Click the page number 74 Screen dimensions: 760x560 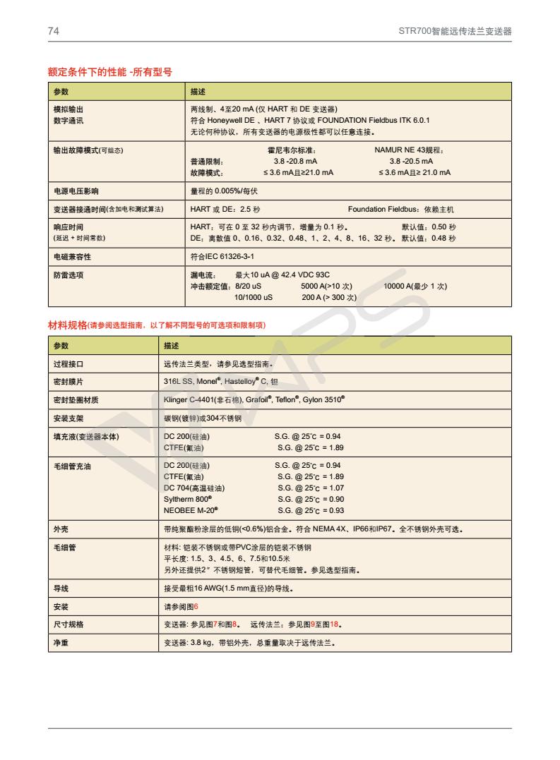click(x=53, y=32)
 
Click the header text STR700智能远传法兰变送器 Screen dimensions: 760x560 click(x=455, y=32)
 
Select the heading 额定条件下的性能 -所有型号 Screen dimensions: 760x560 click(x=109, y=72)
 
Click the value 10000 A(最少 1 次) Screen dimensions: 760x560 click(x=415, y=286)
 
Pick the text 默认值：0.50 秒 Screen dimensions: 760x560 click(x=429, y=227)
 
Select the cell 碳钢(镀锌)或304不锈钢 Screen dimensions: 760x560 click(x=203, y=418)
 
